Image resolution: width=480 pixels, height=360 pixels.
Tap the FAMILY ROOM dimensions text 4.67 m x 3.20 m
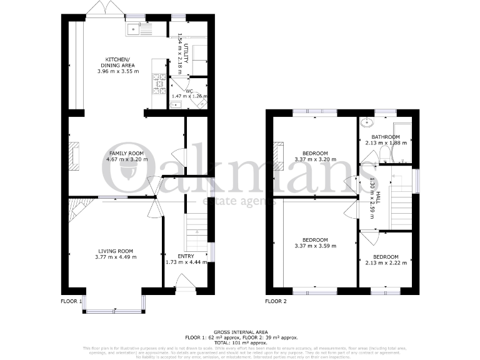pyautogui.click(x=127, y=159)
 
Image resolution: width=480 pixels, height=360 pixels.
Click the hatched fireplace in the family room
pyautogui.click(x=74, y=156)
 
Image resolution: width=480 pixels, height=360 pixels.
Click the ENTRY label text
pyautogui.click(x=185, y=256)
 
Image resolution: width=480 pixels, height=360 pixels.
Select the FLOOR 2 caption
pyautogui.click(x=276, y=301)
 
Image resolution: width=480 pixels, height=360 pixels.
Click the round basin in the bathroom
pyautogui.click(x=367, y=123)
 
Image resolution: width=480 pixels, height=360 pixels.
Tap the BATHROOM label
pyautogui.click(x=386, y=137)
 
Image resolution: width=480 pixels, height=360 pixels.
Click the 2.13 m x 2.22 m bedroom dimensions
pyautogui.click(x=386, y=263)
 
